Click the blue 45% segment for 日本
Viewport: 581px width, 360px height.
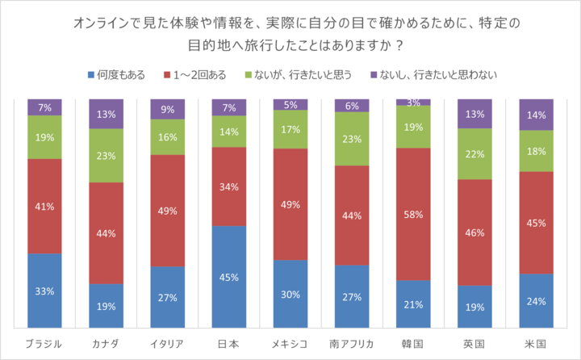point(228,277)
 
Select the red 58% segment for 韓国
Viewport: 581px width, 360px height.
point(412,214)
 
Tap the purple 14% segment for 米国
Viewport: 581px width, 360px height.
point(535,115)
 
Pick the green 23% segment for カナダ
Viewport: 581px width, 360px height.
point(105,155)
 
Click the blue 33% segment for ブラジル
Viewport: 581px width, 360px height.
point(44,291)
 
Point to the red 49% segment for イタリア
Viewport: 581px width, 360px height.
point(167,210)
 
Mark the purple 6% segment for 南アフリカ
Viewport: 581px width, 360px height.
point(351,106)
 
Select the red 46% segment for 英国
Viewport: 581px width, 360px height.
point(474,232)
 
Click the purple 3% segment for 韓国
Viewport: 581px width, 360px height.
point(412,103)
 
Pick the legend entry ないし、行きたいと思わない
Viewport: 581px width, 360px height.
point(425,75)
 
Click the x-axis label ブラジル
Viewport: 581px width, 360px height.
point(44,343)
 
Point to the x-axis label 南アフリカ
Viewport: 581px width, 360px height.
point(351,343)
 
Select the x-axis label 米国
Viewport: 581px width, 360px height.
point(535,343)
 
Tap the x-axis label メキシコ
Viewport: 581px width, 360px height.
point(290,343)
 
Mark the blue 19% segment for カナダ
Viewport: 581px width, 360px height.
point(105,306)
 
